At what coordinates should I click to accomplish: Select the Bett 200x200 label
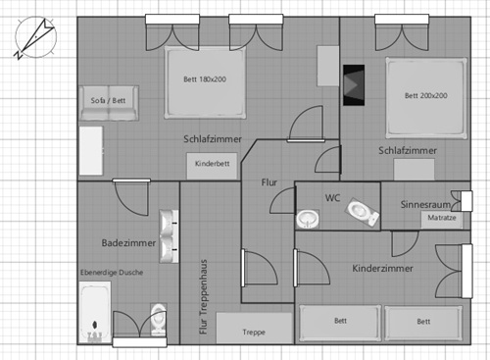click(x=426, y=95)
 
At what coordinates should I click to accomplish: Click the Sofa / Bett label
click(x=110, y=100)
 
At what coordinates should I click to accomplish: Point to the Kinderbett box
click(x=213, y=164)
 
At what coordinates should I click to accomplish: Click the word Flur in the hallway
click(x=271, y=182)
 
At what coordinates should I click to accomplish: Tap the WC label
click(x=333, y=197)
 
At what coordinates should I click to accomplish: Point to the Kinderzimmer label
click(x=382, y=268)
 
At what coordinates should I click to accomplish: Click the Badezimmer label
click(x=128, y=242)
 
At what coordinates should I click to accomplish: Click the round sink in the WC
click(x=309, y=218)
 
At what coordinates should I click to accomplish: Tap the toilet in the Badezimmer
click(x=157, y=320)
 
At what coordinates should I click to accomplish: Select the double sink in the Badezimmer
click(x=169, y=233)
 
